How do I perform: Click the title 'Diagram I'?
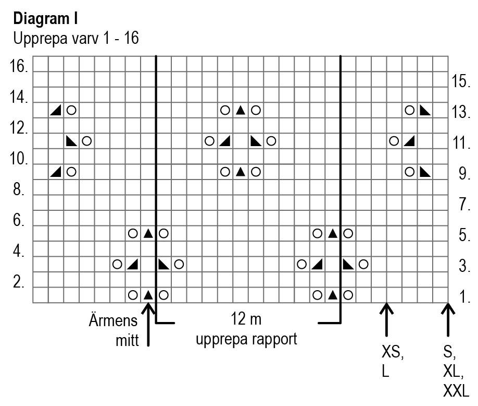coord(45,19)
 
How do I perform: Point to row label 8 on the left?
coord(18,189)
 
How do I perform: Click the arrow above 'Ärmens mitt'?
coord(148,324)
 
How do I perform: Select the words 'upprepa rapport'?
coord(246,339)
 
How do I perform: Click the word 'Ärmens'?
coord(113,320)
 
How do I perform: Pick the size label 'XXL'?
coord(456,391)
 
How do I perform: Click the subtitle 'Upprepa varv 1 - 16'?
coord(76,39)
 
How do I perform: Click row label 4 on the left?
coord(18,252)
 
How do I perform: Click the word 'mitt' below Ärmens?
coord(128,341)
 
